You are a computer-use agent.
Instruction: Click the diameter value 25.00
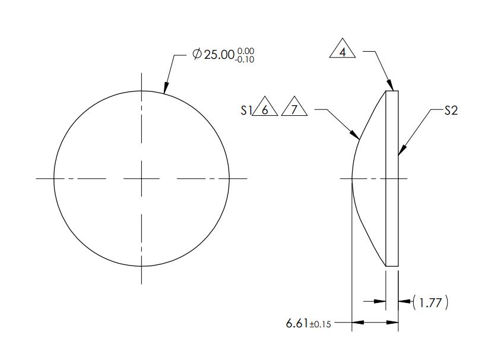[219, 55]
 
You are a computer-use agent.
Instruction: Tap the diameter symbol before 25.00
[197, 54]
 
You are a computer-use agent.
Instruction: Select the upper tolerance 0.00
[246, 50]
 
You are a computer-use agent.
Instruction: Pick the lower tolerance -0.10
[245, 59]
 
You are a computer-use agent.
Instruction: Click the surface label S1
[246, 110]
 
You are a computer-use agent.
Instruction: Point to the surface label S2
[451, 110]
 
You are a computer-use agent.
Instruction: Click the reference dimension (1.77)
[430, 302]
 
